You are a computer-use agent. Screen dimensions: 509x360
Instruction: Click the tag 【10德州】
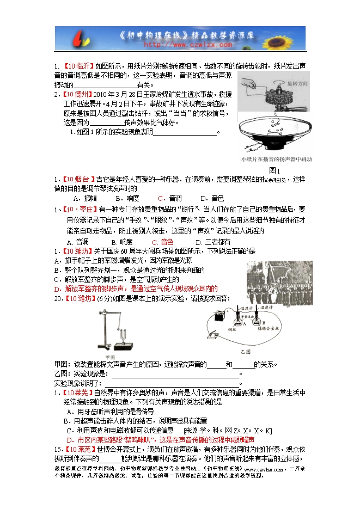click(x=78, y=94)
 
